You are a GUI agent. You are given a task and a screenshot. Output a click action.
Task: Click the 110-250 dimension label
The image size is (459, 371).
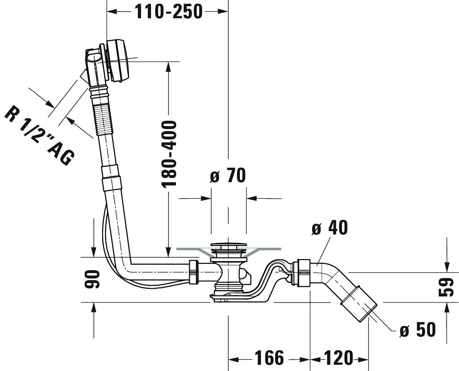coord(168,12)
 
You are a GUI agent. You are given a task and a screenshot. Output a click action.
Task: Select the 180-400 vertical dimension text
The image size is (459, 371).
coord(169,154)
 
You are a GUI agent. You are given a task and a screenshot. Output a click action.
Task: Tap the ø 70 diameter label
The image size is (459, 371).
coord(227,176)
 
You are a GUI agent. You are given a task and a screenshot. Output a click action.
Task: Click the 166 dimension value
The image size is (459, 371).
coord(269,358)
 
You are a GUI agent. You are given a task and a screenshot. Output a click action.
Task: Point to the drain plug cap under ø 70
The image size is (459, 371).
coord(228,247)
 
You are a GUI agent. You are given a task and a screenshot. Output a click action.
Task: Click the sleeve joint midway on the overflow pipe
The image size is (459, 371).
coord(112,177)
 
